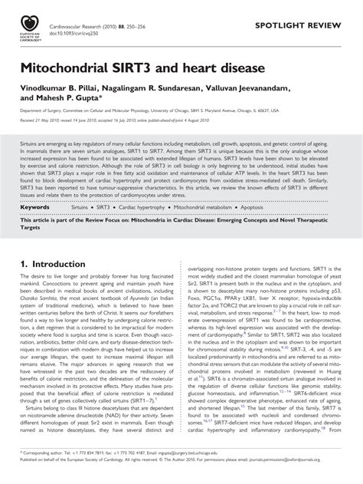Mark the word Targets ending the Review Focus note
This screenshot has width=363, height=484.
pos(30,208)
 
